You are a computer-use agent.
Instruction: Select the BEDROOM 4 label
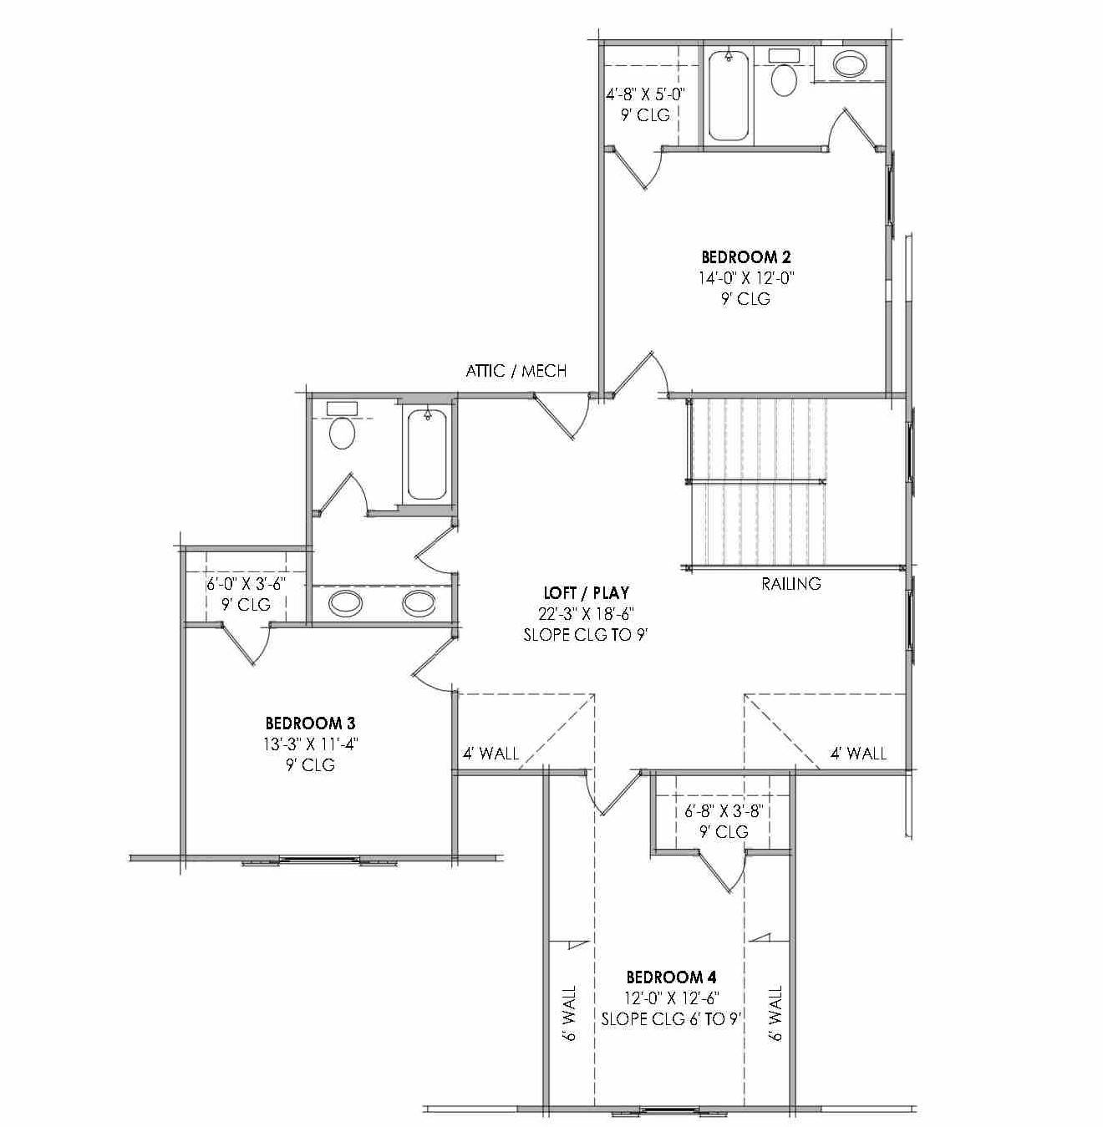coord(671,977)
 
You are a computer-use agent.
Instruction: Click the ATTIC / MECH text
coord(516,370)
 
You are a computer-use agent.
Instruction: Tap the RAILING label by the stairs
coord(790,584)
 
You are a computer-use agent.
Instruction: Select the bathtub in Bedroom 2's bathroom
coord(728,94)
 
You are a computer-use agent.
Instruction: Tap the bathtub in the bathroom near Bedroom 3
coord(426,454)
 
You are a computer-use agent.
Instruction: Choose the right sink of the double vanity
coord(418,602)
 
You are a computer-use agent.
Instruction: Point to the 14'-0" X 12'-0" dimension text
coord(745,278)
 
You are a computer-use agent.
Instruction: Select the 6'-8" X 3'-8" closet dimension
coord(724,810)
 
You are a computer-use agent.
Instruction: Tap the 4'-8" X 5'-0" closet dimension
coord(645,94)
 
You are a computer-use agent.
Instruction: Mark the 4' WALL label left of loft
coord(491,754)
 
